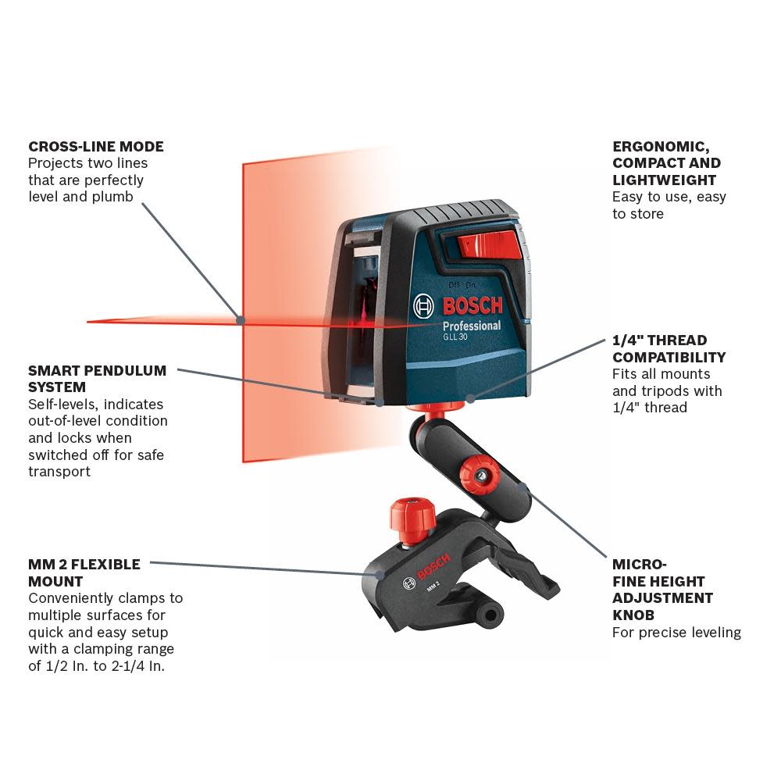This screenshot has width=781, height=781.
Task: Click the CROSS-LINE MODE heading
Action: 96,146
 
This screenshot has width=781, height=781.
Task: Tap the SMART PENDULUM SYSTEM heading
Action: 97,379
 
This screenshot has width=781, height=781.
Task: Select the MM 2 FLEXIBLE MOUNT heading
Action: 84,572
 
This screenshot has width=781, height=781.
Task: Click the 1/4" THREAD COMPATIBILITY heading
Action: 669,348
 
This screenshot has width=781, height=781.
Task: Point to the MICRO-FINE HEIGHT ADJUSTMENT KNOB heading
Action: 662,590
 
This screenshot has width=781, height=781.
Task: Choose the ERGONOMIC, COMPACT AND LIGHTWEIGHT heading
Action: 666,163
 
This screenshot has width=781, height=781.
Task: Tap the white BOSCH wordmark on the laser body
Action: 473,305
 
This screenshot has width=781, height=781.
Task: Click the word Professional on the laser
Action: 471,326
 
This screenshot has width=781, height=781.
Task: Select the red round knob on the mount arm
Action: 478,475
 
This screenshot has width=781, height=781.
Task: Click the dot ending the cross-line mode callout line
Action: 241,319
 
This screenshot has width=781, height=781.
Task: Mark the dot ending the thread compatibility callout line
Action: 470,398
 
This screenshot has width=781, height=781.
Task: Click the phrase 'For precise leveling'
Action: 676,633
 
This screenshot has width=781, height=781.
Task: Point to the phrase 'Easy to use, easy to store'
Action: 669,205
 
